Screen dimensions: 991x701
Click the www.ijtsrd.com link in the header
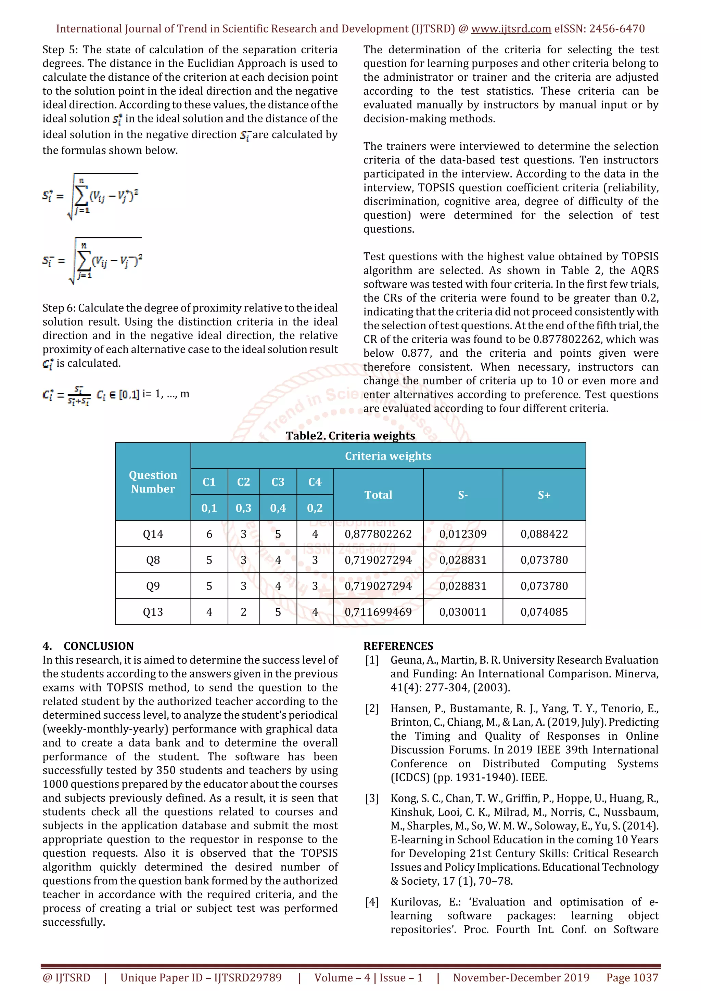coord(511,29)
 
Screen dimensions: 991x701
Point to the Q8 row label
coord(153,560)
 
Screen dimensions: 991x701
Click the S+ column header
coord(544,495)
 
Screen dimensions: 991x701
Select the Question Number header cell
coord(153,482)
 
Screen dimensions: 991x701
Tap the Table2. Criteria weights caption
coord(350,436)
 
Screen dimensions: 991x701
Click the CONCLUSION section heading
coord(99,646)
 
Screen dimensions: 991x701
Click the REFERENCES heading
coord(398,646)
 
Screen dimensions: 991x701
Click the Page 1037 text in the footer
coord(632,978)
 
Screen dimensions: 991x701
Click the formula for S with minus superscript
coord(92,260)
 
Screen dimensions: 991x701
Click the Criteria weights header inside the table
coord(387,456)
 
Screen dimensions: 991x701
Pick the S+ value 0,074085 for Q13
coord(544,612)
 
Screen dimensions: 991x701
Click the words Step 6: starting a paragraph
coord(59,308)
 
